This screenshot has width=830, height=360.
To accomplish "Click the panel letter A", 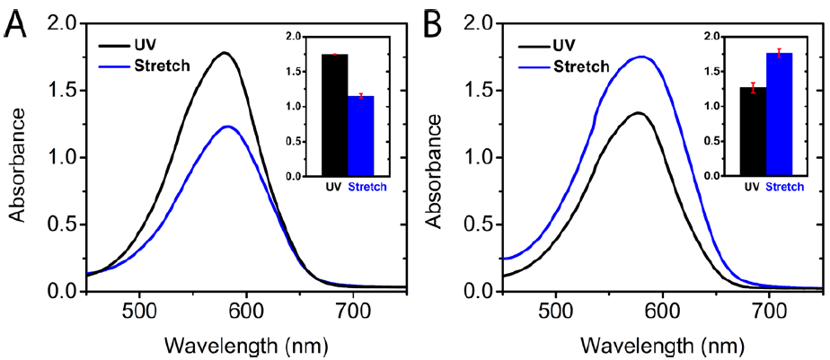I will pos(15,23).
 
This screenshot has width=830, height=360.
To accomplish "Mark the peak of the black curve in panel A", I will pos(224,53).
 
